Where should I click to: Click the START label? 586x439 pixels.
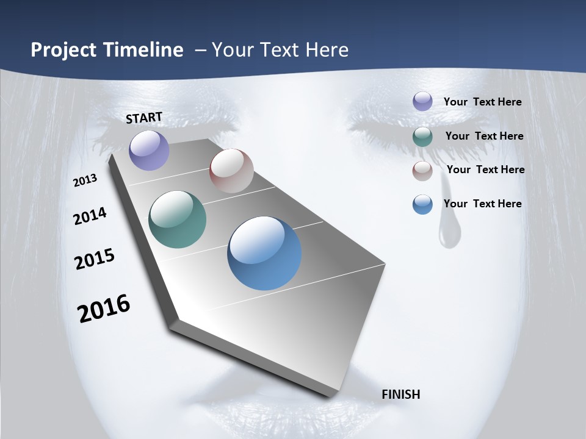144,117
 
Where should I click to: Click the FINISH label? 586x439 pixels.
401,394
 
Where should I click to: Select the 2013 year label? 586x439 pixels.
85,180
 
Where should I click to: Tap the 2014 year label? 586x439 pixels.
90,216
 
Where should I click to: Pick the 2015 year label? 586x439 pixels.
95,259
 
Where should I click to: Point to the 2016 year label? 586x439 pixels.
104,309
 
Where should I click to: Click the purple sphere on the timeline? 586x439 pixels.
150,151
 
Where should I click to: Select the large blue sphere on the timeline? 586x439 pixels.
264,253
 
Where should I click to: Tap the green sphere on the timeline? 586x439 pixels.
178,220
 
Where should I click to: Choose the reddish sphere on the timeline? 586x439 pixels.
231,171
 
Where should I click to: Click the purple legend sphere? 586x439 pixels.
422,101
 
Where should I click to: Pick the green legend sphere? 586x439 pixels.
422,136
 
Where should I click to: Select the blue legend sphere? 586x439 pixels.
422,204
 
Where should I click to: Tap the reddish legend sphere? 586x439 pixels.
422,171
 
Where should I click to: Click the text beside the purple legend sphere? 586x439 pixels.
482,102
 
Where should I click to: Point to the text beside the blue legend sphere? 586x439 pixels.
482,204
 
